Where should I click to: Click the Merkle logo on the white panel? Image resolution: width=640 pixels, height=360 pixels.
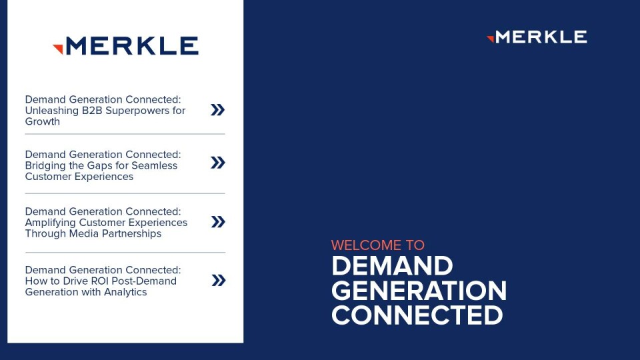126,46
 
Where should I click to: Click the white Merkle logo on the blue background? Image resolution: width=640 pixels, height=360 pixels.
537,37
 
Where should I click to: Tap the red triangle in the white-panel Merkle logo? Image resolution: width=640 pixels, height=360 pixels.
59,49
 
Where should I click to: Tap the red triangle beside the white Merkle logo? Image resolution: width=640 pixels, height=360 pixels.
491,39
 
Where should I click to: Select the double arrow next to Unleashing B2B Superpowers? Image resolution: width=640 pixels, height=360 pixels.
217,110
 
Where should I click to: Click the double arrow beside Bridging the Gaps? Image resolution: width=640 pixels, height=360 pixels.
218,163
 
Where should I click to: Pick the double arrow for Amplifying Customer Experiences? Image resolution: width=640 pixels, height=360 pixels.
219,221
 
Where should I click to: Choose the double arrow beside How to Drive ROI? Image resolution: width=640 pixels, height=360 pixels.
219,281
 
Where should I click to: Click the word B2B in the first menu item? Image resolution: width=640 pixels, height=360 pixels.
92,111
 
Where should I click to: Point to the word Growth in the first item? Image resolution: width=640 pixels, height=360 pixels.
43,121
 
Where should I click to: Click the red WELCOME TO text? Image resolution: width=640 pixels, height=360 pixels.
377,245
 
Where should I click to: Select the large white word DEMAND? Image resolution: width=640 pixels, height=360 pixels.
392,266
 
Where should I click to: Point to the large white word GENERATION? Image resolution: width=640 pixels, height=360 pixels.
419,291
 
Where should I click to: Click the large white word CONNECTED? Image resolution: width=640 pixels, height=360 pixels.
417,315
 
